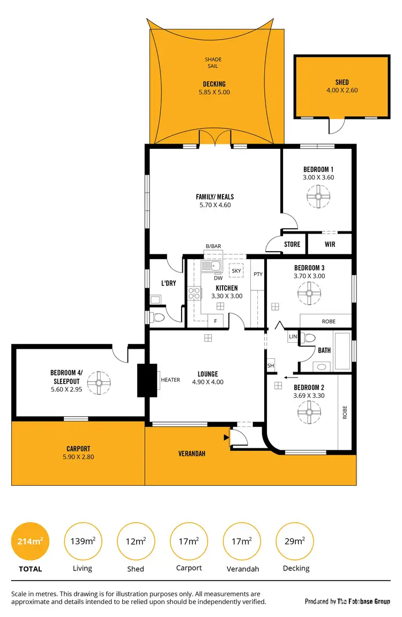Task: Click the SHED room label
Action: point(341,82)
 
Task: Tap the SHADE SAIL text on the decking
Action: point(213,63)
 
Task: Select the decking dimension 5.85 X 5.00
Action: point(214,92)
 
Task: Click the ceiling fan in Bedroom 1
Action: point(318,197)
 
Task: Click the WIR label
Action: point(330,244)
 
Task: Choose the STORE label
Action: point(292,244)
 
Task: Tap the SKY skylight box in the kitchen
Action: point(236,271)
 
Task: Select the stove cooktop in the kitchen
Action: point(193,293)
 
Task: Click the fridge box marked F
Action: point(215,321)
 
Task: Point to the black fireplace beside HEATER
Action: point(147,380)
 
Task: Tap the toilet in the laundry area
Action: point(157,317)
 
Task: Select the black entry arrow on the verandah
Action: point(226,438)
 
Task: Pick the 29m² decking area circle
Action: point(295,541)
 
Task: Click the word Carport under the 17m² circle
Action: point(189,568)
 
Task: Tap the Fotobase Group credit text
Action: point(347,601)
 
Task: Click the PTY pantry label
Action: point(258,274)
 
